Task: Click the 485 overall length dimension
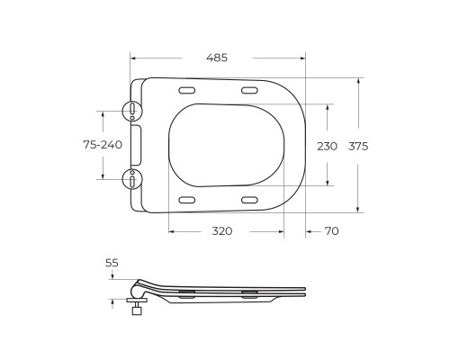click(x=216, y=58)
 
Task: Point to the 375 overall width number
click(x=358, y=145)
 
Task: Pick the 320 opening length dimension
click(x=222, y=231)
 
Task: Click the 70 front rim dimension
click(x=331, y=231)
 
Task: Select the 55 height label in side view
click(x=112, y=263)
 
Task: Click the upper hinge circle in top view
click(x=132, y=110)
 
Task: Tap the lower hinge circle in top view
click(x=132, y=179)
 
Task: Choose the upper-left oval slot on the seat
click(x=188, y=91)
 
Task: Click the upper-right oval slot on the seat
click(x=250, y=91)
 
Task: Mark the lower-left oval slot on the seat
click(x=188, y=199)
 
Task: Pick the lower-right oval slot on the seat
click(x=250, y=199)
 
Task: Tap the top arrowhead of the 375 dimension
click(x=358, y=81)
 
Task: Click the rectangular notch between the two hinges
click(x=138, y=145)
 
